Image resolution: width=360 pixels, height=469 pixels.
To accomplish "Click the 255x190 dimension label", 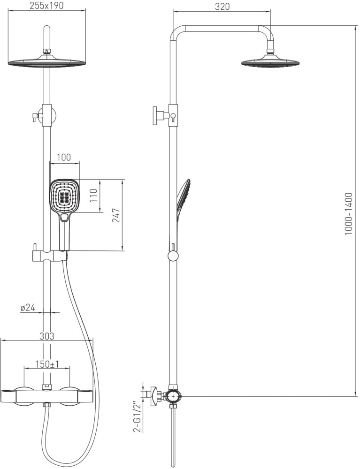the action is [x=46, y=6].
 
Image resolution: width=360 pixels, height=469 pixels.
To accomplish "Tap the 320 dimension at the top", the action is [x=222, y=7].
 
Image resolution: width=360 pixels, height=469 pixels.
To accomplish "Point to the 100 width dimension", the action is [x=64, y=157].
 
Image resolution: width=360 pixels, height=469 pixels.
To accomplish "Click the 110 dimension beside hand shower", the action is [x=94, y=196].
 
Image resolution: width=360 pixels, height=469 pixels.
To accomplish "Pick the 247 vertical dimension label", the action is [x=116, y=215].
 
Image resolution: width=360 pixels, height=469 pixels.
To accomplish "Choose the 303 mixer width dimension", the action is [x=46, y=336].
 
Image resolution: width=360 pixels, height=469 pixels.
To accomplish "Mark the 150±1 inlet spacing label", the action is [x=47, y=364].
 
